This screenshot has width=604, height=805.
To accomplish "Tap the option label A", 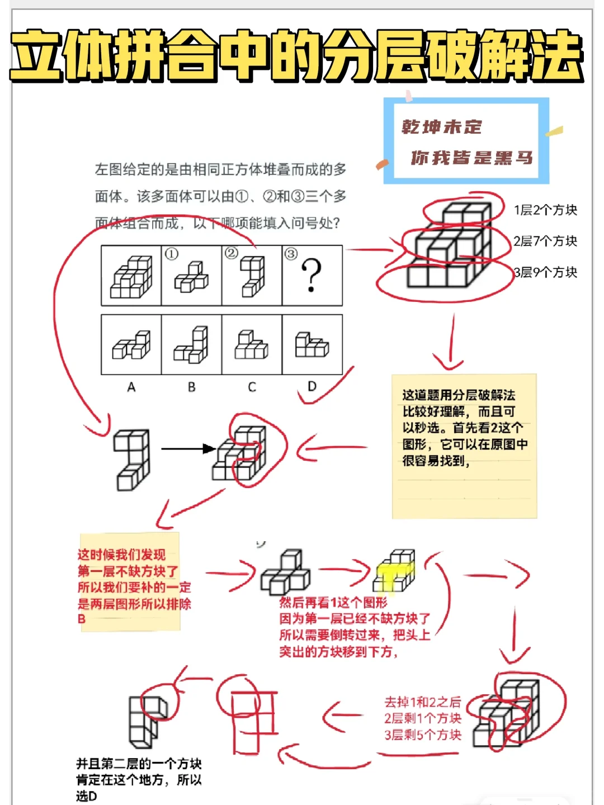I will click(131, 387).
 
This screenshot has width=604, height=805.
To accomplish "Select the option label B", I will click(191, 387).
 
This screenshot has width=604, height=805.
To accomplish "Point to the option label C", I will click(252, 387).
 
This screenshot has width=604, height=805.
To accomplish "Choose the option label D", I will click(312, 386).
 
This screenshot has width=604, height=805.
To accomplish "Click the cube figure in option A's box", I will click(131, 345).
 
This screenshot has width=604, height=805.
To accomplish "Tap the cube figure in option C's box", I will click(251, 345).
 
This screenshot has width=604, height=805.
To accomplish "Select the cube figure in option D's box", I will click(312, 345).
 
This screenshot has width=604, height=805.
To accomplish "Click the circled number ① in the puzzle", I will click(171, 254).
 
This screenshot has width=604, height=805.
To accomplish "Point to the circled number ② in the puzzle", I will click(232, 253).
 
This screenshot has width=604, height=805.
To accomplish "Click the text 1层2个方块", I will click(545, 210).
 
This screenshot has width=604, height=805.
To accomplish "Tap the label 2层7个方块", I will click(545, 241).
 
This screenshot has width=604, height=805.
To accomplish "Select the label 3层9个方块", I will click(545, 272).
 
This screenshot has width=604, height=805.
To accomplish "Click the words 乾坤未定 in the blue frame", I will click(442, 127).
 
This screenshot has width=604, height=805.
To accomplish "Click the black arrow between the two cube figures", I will click(188, 448).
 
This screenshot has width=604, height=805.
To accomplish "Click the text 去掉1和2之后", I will click(423, 702).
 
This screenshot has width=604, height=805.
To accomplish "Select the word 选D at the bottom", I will click(87, 795).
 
